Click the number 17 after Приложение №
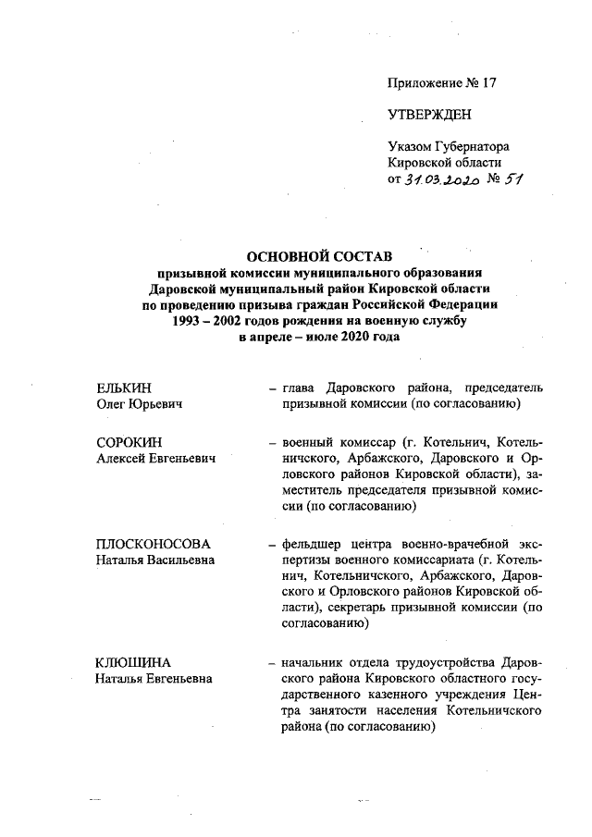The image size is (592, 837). tap(487, 82)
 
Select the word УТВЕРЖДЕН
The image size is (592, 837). tap(429, 115)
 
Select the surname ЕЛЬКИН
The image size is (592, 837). tap(124, 388)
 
